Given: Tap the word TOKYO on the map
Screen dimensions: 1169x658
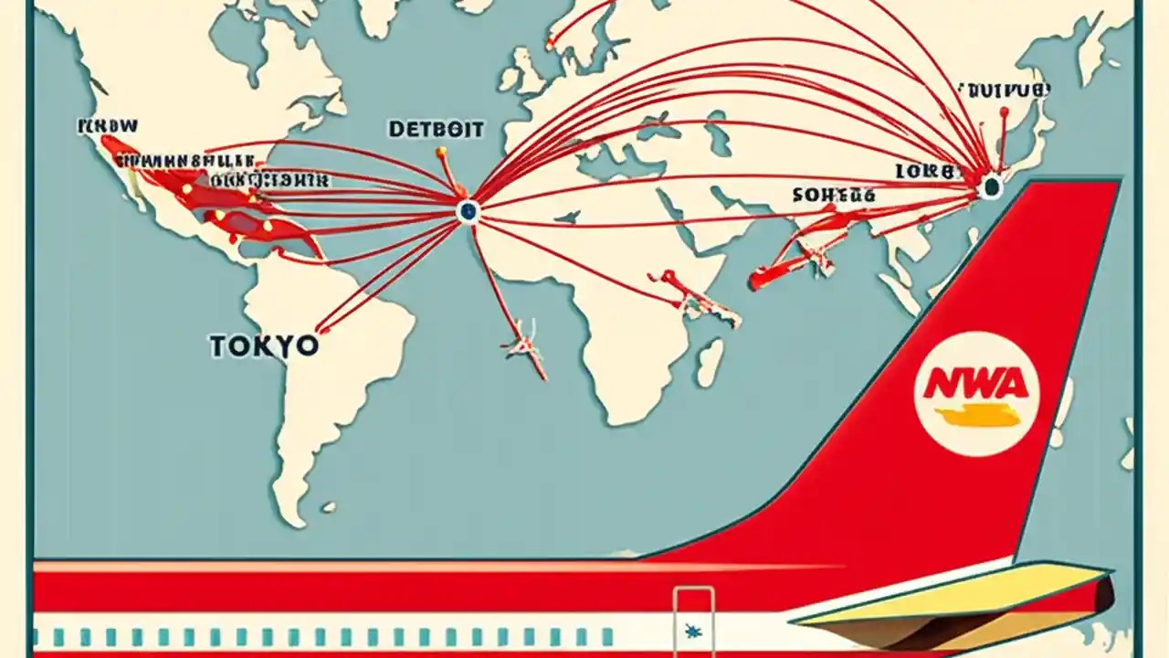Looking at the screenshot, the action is point(264,345).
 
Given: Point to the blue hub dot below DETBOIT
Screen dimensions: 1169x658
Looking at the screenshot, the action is point(468,212).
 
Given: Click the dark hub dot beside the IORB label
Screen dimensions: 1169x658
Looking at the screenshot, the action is point(990,188).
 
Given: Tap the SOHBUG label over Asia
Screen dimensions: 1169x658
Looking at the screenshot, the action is point(834,195).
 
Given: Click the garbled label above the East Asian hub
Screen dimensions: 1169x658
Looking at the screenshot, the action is point(1004,90).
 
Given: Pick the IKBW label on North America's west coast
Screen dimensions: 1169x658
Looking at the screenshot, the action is point(108,125).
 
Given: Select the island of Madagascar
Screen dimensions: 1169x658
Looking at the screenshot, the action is point(709,361).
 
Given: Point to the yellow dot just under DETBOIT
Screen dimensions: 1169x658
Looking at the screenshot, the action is point(441,152).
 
